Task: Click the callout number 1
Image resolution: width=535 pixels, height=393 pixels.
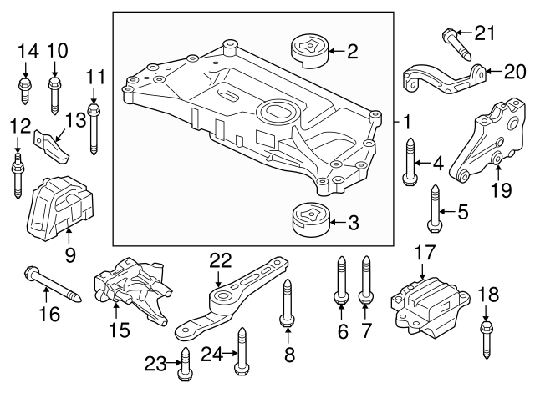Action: [x=406, y=122]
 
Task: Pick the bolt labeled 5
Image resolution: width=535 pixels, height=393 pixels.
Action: [x=433, y=209]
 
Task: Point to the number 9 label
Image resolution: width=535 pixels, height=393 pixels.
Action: [x=70, y=253]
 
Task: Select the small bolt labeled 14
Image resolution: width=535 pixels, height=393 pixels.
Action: [x=24, y=91]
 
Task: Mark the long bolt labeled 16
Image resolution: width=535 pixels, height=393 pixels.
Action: [x=51, y=284]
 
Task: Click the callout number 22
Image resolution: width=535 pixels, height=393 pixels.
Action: [x=219, y=261]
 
